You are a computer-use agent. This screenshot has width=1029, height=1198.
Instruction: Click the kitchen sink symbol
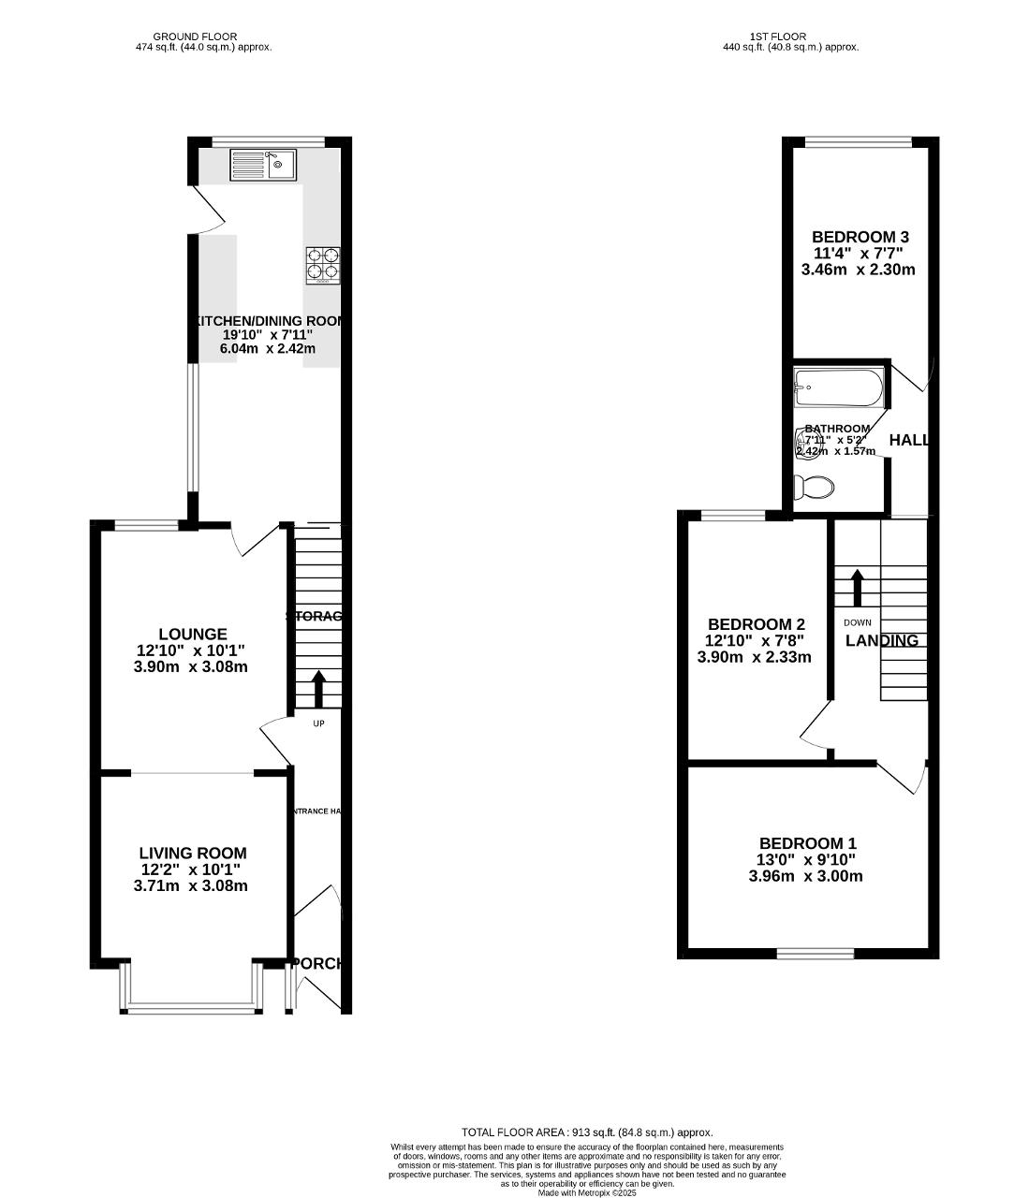(262, 165)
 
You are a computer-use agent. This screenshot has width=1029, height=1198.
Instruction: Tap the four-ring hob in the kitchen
(321, 264)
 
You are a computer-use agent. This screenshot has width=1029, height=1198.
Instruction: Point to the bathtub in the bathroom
(838, 387)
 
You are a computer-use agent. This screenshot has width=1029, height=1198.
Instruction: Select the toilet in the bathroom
(814, 488)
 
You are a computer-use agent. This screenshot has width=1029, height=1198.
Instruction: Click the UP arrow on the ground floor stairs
(318, 688)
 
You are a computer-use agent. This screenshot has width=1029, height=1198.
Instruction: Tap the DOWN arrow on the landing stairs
(857, 587)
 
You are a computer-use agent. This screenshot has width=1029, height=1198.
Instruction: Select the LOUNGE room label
(193, 635)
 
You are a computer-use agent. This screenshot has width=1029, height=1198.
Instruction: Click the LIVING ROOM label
(193, 854)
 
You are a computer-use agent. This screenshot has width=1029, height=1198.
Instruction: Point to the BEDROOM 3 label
(860, 238)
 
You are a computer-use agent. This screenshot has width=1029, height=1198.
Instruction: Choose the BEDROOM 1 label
(807, 843)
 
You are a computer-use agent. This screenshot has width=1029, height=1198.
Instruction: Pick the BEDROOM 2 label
(756, 624)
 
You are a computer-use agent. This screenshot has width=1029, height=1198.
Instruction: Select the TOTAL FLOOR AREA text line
(587, 1132)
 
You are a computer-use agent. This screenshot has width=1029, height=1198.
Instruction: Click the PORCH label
(318, 963)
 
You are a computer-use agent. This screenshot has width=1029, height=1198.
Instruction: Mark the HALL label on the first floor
(908, 440)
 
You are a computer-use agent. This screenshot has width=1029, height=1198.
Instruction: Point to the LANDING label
(881, 641)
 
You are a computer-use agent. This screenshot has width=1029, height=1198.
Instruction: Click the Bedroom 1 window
(815, 954)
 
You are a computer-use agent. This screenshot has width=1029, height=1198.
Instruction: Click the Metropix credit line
(587, 1193)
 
